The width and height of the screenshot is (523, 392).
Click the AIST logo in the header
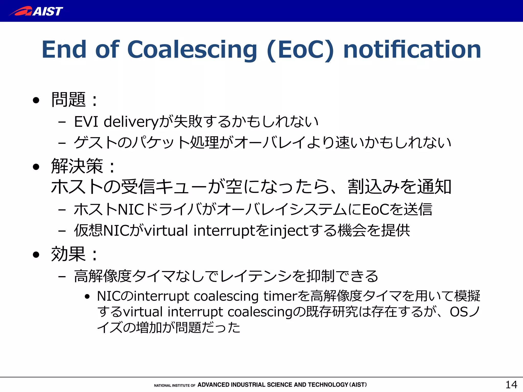(x=36, y=11)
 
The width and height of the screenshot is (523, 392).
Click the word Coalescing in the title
(x=192, y=50)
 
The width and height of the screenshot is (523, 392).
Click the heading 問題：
(x=74, y=100)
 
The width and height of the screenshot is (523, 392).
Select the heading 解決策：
(x=83, y=166)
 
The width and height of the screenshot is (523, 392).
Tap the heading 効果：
(x=74, y=254)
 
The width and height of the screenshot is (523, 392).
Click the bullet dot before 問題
(x=36, y=100)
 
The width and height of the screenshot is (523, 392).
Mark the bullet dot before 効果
(x=36, y=254)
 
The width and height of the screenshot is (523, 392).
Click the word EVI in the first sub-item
(x=86, y=121)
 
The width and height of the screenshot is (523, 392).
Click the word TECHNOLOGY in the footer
(x=328, y=385)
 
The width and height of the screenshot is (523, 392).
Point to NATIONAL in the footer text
(x=162, y=385)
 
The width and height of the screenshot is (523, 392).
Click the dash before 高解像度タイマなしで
(x=62, y=276)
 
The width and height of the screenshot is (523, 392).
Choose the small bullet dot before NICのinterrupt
(x=87, y=297)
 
